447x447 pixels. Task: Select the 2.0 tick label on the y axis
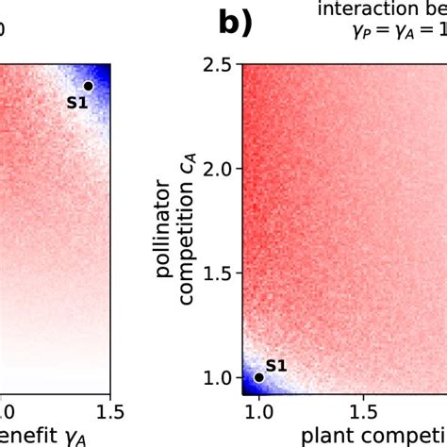pos(220,170)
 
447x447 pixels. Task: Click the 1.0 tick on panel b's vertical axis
pos(220,377)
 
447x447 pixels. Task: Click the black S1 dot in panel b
pos(259,377)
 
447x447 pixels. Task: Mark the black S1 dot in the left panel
pos(88,86)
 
